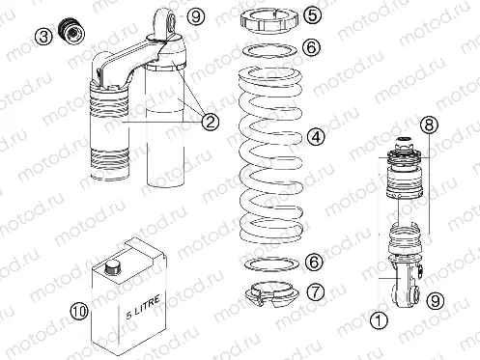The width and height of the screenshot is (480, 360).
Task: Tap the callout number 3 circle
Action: (x=43, y=37)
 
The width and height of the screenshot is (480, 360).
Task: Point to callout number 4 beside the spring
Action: (x=315, y=137)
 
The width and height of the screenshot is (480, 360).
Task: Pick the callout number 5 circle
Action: (x=313, y=15)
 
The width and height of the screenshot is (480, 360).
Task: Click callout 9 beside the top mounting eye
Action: (x=196, y=15)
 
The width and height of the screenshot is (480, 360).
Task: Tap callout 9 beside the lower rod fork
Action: (x=436, y=301)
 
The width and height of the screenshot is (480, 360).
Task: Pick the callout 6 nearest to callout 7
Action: (x=312, y=262)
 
